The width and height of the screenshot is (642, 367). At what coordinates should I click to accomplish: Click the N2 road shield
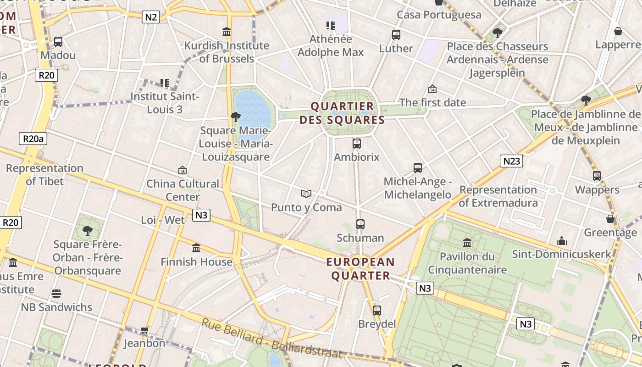tap(151, 17)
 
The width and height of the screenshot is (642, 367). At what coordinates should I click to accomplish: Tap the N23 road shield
tap(511, 161)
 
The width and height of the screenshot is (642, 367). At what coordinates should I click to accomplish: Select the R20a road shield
tap(33, 139)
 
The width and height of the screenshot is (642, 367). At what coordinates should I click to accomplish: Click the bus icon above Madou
tap(58, 42)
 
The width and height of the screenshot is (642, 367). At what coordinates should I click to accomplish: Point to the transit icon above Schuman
tap(360, 224)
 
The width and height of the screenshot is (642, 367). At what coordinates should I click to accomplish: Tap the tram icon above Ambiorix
tap(357, 144)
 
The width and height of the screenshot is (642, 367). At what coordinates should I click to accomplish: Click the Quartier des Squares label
tap(342, 113)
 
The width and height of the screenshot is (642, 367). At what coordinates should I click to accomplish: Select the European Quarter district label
tap(360, 269)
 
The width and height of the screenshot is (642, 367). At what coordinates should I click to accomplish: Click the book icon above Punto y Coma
tap(306, 194)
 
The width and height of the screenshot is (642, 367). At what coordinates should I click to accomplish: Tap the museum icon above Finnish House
tap(196, 248)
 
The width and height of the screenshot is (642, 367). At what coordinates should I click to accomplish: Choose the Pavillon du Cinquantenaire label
tap(467, 263)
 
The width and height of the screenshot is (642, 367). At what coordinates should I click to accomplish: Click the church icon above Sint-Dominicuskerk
tap(562, 241)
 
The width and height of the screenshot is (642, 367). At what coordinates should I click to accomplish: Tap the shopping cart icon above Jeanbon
tap(145, 330)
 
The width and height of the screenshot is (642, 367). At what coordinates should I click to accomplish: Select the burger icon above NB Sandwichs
tap(56, 294)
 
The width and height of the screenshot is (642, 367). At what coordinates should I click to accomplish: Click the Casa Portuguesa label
tap(439, 15)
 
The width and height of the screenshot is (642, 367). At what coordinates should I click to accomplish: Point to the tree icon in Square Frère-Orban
tap(87, 230)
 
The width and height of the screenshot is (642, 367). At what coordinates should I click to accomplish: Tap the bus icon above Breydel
tap(377, 311)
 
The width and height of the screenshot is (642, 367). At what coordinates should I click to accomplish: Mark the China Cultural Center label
tap(183, 190)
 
